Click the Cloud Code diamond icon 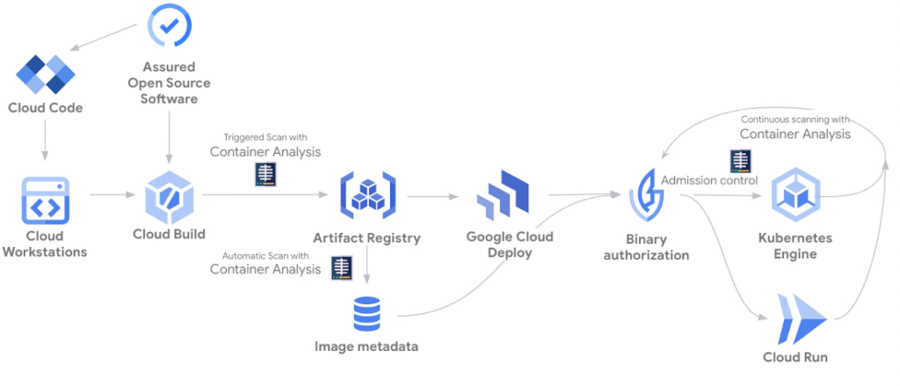pyautogui.click(x=45, y=74)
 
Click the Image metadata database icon pyautogui.click(x=367, y=313)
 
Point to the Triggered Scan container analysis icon pyautogui.click(x=265, y=174)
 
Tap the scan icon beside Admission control pyautogui.click(x=740, y=161)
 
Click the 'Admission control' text pyautogui.click(x=709, y=180)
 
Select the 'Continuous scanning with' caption pyautogui.click(x=795, y=119)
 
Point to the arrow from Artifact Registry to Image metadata pyautogui.click(x=367, y=268)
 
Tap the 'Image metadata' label pyautogui.click(x=367, y=346)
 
